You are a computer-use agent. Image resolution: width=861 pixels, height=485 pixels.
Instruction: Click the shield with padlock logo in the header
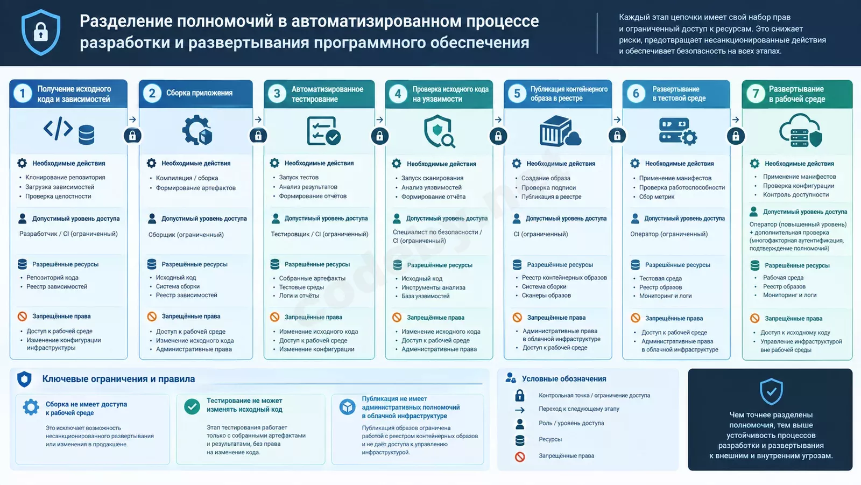click(x=41, y=32)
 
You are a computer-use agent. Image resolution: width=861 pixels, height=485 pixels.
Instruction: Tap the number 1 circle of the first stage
click(x=23, y=94)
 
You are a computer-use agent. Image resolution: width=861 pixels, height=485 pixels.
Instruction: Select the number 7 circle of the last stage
click(x=756, y=94)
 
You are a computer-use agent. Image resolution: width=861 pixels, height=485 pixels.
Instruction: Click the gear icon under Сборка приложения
click(x=197, y=130)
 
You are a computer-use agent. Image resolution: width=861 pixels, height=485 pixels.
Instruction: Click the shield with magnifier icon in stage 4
click(x=439, y=131)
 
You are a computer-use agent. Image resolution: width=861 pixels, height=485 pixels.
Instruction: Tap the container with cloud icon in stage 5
click(x=560, y=131)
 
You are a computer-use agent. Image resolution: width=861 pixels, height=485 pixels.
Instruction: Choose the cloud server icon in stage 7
click(x=801, y=130)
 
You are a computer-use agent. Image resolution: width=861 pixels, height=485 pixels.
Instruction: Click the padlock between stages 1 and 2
click(x=132, y=136)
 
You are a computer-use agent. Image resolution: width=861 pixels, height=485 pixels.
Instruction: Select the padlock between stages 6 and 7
click(x=736, y=136)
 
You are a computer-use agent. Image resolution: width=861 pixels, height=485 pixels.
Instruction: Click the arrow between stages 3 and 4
click(x=380, y=120)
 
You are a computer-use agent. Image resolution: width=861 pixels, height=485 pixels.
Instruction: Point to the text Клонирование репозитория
click(x=65, y=177)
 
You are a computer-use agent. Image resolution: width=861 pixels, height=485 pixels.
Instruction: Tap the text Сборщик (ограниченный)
click(x=186, y=235)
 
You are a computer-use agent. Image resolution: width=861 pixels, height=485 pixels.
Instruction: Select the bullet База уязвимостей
click(x=426, y=296)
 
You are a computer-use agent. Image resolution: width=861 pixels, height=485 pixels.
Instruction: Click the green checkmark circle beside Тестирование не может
click(x=192, y=406)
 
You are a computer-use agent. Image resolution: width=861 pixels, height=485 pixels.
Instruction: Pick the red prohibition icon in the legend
click(x=520, y=456)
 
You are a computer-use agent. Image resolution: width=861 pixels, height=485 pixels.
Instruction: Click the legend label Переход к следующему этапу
click(x=579, y=409)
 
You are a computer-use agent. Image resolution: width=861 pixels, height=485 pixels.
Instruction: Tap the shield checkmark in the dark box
click(x=771, y=391)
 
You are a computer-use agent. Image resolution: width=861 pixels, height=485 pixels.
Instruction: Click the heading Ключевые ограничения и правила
click(x=118, y=379)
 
